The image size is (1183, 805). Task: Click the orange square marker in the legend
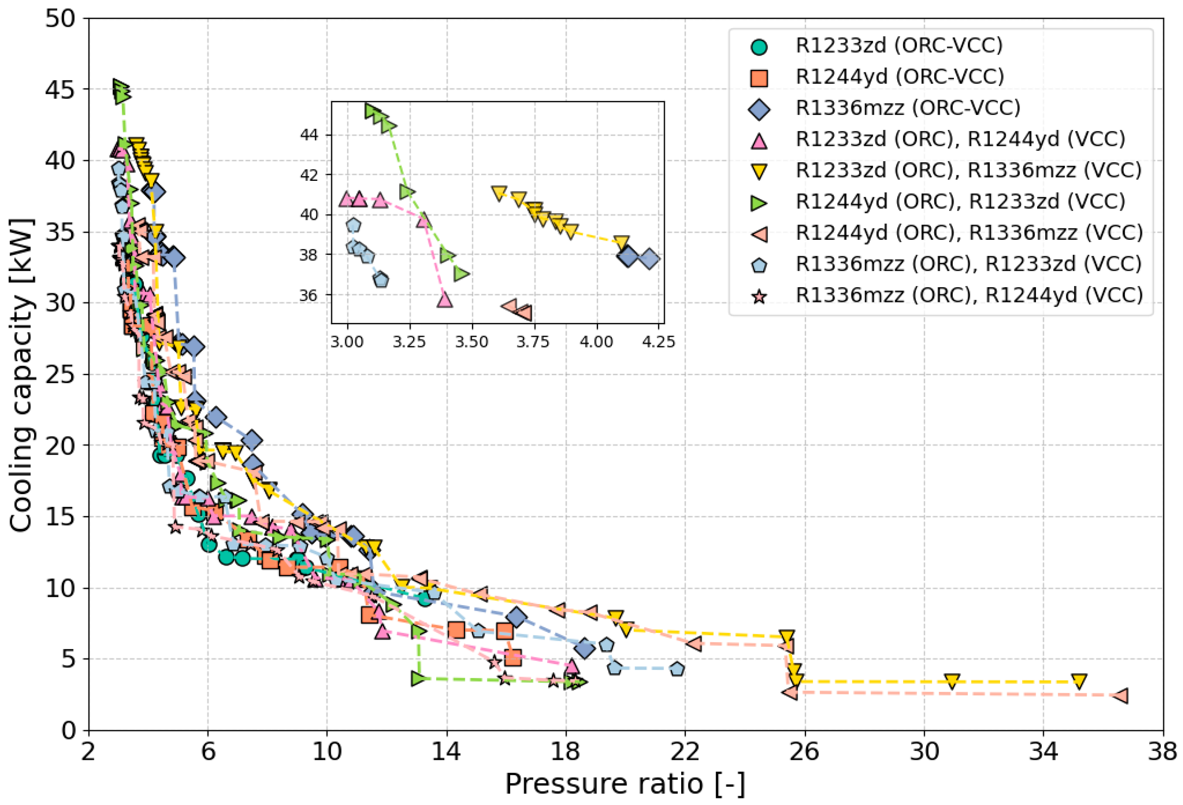759,77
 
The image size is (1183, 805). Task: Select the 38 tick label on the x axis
1162,752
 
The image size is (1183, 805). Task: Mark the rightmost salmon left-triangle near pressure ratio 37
1120,696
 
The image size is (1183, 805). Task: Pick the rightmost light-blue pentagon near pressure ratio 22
677,669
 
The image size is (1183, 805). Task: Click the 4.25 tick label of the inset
658,342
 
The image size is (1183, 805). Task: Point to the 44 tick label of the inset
309,135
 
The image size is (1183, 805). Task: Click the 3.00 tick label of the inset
347,342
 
